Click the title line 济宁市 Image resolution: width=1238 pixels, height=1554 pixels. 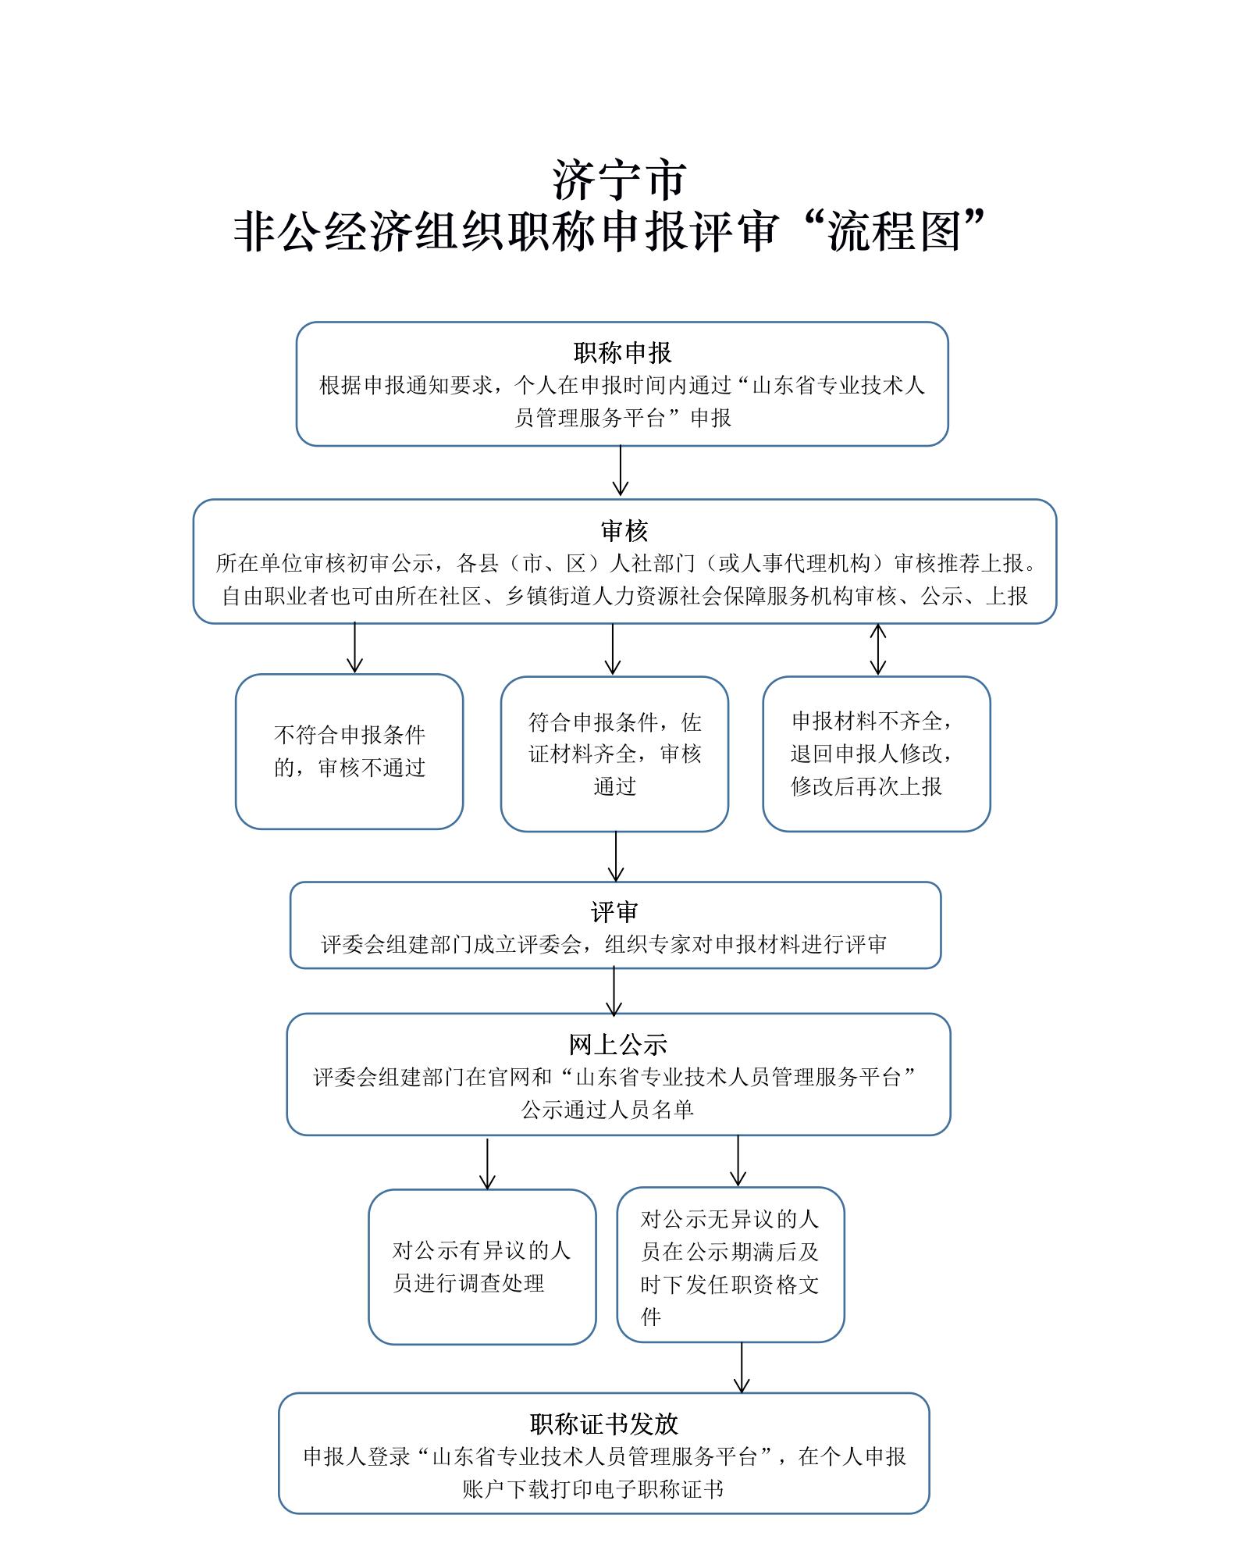620,180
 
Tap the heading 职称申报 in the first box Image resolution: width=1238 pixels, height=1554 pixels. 622,353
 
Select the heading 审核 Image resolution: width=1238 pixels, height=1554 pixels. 624,531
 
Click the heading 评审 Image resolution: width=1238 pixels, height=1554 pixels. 614,912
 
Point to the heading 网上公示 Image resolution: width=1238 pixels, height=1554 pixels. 618,1044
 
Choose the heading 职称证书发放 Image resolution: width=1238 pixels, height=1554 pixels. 604,1424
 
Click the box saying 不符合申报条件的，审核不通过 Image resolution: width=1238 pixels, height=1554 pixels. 350,752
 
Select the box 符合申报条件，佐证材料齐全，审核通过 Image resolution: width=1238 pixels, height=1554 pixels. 614,754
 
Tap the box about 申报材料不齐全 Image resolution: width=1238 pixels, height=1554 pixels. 877,754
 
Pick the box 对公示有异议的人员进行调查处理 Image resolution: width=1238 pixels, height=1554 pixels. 482,1267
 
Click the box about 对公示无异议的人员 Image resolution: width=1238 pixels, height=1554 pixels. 731,1265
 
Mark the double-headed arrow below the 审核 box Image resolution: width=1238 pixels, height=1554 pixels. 878,649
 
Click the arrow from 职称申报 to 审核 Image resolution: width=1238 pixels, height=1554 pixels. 621,470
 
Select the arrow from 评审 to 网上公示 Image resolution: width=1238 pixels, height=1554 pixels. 614,991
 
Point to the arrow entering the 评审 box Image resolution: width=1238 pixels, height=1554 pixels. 616,857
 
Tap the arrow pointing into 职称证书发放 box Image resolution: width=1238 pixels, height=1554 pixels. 742,1367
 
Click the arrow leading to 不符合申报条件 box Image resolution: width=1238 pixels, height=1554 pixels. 355,647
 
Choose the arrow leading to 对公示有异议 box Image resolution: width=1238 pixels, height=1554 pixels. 487,1164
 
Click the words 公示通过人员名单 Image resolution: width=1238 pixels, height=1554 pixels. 607,1110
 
